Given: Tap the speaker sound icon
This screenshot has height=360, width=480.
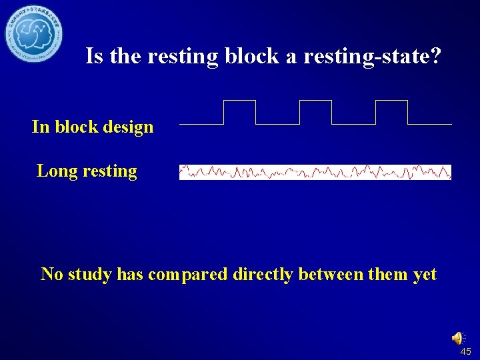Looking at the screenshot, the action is tap(459, 338).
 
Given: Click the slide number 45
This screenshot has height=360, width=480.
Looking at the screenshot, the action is tap(465, 351).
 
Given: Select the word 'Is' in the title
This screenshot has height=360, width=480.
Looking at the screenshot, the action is tap(95, 57).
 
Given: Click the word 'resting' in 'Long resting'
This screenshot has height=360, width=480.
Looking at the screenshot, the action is tap(110, 171).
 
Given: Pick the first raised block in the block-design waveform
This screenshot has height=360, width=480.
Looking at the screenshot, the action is tap(239, 111).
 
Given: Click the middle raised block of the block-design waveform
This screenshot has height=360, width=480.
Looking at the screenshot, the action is tap(315, 111).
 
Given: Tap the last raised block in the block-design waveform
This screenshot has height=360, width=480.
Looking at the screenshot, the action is tap(391, 111).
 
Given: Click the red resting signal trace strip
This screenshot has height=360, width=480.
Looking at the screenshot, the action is tap(315, 172).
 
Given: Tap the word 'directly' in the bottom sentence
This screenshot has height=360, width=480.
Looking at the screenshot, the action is tap(263, 274).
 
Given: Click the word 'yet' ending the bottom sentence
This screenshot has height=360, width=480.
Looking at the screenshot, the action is tap(425, 274).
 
